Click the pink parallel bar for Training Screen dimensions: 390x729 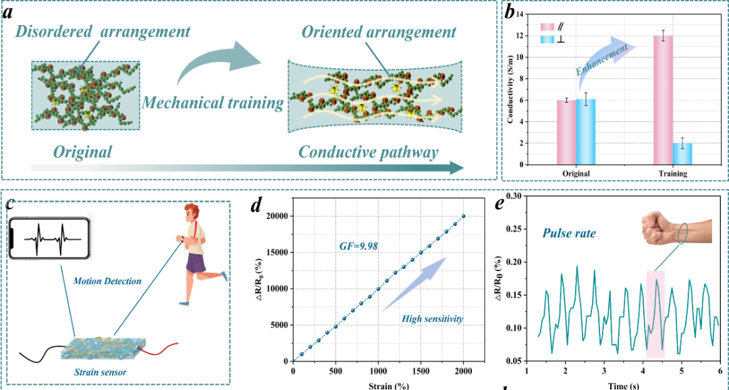point(664,101)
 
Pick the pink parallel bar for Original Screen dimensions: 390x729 point(566,132)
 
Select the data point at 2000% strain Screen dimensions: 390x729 point(463,216)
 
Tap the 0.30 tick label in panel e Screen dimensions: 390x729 point(512,197)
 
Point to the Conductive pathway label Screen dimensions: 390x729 point(368,152)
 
